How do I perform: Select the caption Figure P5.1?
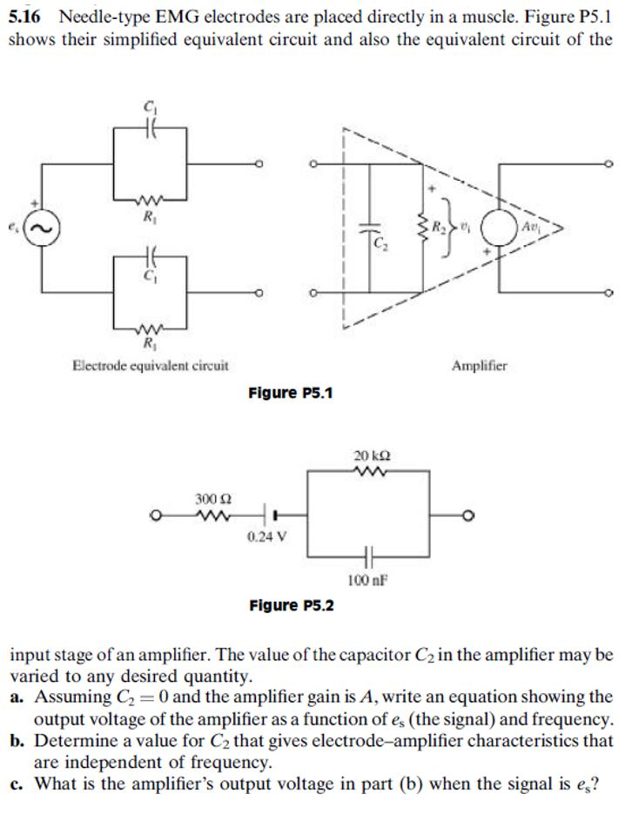coord(291,393)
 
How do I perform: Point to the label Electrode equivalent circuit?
coord(151,366)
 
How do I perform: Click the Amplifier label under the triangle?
coord(481,366)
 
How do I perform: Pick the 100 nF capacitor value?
coord(366,578)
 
